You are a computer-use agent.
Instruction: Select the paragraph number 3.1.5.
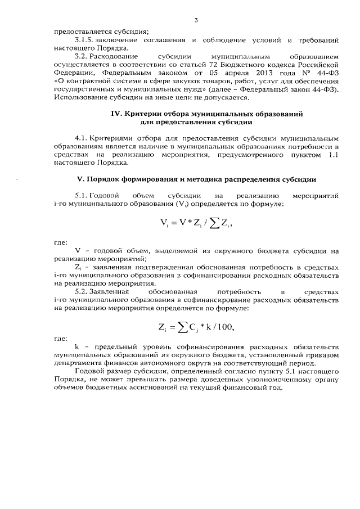click(x=86, y=40)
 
